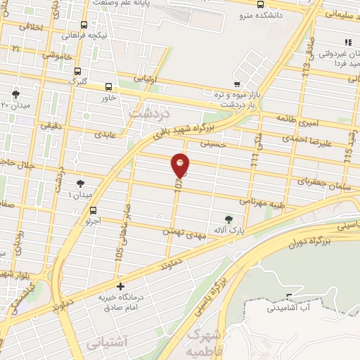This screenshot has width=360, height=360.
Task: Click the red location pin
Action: click(181, 165)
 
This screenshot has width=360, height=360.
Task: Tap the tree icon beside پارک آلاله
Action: click(227, 219)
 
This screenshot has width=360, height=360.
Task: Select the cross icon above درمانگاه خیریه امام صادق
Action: click(121, 287)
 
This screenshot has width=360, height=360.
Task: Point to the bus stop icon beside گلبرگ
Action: click(77, 71)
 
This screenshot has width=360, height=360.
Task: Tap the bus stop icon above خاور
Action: click(108, 87)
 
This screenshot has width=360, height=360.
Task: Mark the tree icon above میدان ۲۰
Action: click(15, 94)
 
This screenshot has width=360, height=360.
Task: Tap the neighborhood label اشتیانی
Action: click(105, 345)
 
